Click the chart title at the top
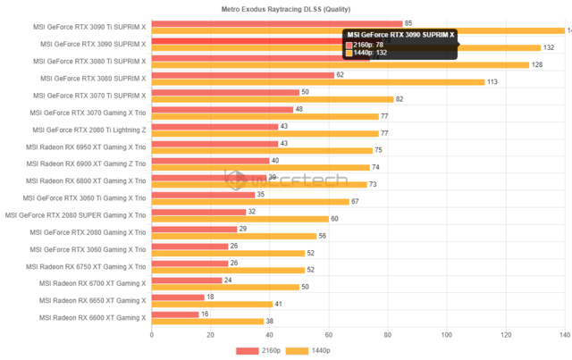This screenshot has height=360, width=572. pyautogui.click(x=285, y=8)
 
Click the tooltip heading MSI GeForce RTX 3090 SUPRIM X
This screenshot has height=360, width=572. pyautogui.click(x=400, y=34)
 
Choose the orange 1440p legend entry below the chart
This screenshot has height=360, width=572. pyautogui.click(x=308, y=351)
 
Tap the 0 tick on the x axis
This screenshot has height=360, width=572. pyautogui.click(x=152, y=335)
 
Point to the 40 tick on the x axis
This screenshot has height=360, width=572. pyautogui.click(x=270, y=335)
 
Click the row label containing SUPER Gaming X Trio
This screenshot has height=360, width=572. pyautogui.click(x=75, y=214)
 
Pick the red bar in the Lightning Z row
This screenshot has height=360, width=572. pyautogui.click(x=215, y=125)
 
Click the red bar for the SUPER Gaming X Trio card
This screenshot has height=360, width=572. pyautogui.click(x=199, y=211)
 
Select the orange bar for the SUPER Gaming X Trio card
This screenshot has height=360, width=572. pyautogui.click(x=240, y=219)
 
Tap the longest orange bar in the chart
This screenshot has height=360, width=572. pyautogui.click(x=357, y=30)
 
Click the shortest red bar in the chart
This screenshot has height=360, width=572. pyautogui.click(x=175, y=314)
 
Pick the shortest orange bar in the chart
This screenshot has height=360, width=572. pyautogui.click(x=208, y=321)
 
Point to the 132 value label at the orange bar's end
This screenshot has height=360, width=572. pyautogui.click(x=549, y=47)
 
